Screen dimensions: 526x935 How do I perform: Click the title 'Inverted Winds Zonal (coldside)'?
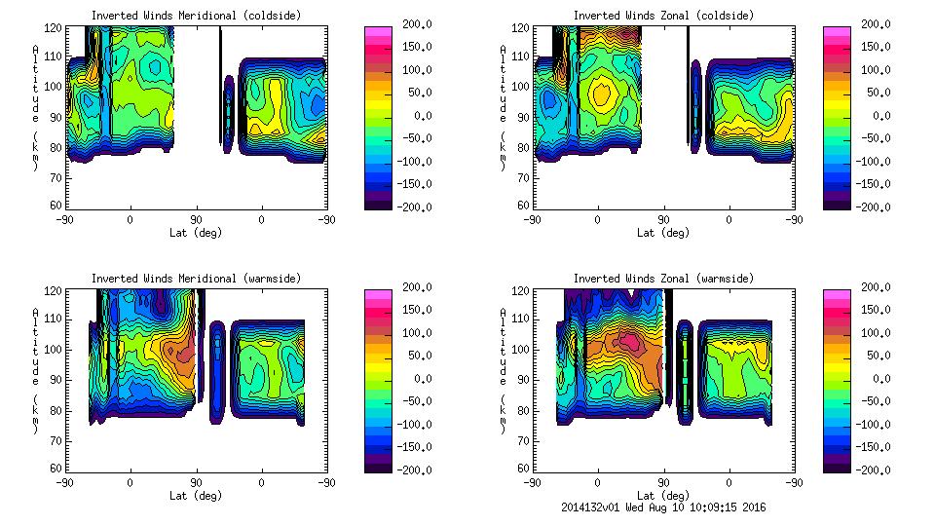[662, 16]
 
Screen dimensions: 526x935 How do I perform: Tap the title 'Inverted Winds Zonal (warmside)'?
[662, 279]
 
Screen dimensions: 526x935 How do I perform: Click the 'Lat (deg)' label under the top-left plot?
[196, 233]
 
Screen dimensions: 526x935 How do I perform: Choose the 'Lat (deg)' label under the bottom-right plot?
[663, 496]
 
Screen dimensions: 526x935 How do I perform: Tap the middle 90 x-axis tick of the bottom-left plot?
[196, 482]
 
